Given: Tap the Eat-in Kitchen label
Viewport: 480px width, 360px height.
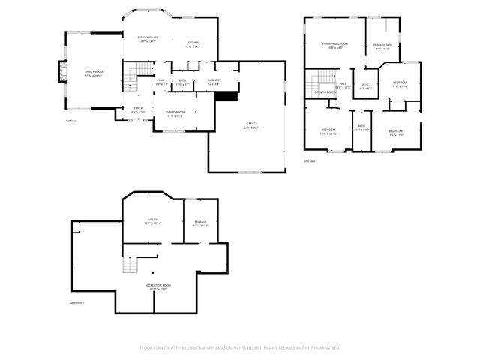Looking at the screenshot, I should (147, 38).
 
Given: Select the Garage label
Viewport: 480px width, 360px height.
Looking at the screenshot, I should (251, 124).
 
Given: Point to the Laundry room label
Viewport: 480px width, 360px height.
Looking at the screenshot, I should (214, 81).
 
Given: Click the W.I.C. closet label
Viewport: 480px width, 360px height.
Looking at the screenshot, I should (365, 85).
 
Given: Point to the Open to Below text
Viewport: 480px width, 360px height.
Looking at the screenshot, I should (325, 92).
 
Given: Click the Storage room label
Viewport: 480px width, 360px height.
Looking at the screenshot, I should (199, 223).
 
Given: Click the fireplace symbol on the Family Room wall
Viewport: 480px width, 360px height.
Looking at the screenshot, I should (63, 72).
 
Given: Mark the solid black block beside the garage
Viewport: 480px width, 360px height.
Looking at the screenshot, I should (226, 96).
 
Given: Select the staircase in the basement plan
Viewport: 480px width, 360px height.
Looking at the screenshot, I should (130, 265).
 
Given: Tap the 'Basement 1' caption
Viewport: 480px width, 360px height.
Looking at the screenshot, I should (76, 303).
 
